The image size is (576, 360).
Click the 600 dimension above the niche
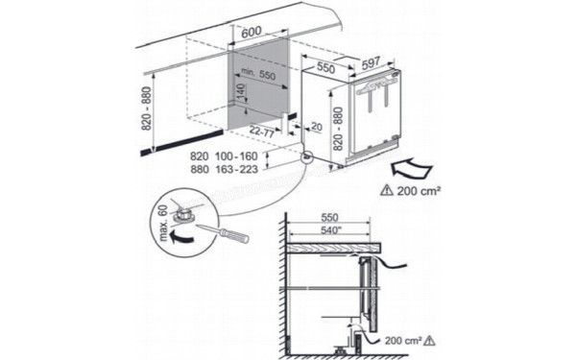tap(252, 33)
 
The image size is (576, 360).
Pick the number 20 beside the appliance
tap(318, 125)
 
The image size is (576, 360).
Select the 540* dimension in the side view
tap(330, 230)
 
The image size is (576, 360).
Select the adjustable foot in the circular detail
tap(189, 219)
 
